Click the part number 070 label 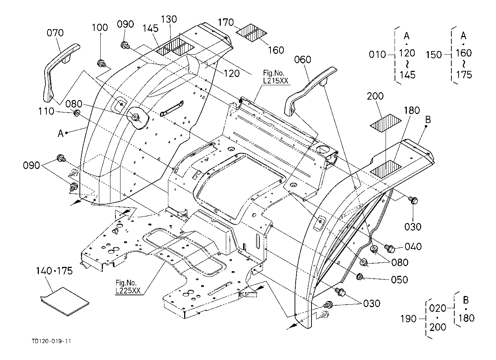(55, 33)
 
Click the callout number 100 (100, 27)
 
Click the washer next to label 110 (77, 113)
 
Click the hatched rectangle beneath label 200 (386, 123)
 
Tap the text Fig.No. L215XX (276, 77)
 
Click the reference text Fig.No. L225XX (128, 287)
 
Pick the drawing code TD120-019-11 (51, 341)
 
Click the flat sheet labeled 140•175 (65, 302)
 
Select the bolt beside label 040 (390, 247)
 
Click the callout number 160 (276, 50)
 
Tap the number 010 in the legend (377, 54)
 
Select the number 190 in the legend (409, 319)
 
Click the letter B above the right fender (428, 119)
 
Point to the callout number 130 (169, 19)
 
